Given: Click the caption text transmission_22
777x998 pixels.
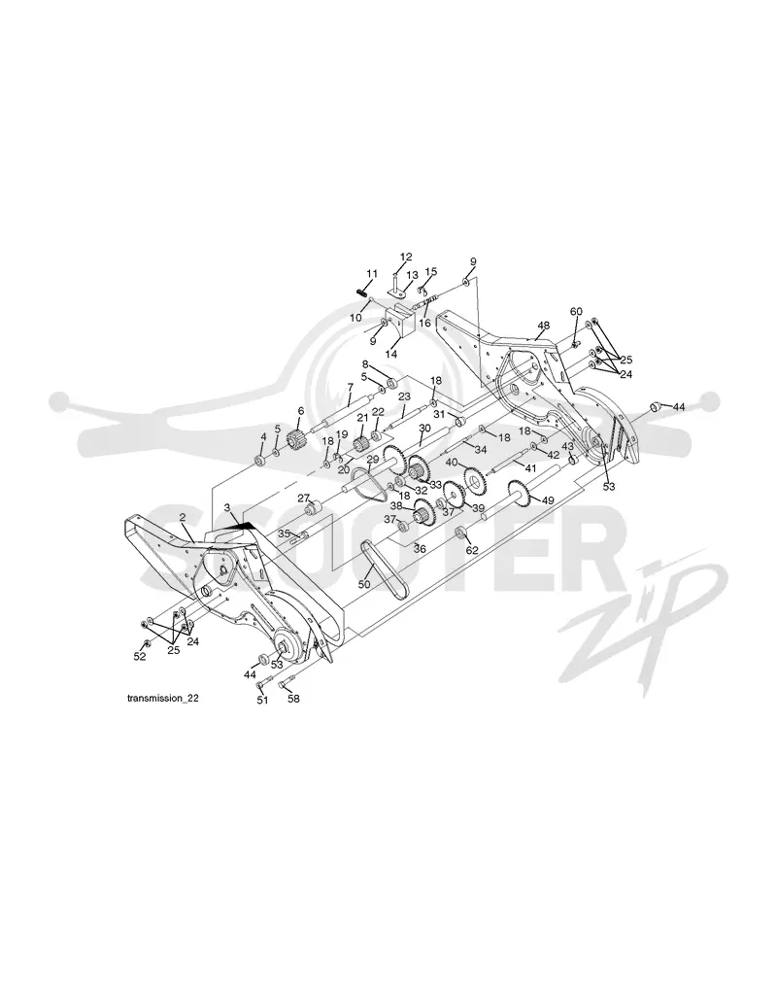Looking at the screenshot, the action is point(163,699).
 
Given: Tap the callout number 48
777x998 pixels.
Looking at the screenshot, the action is point(543,326).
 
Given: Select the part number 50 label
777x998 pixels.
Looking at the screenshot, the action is point(363,584).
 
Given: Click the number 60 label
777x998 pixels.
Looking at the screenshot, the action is point(576,311).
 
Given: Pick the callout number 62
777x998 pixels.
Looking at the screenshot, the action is point(472,551).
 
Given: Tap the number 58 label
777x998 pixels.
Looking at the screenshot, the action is point(293,699).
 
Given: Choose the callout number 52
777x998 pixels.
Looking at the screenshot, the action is point(139,657).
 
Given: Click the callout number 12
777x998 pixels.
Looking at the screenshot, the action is point(406,257).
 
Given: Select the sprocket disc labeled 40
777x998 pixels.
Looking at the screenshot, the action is point(474,478).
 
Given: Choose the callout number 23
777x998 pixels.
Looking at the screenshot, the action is point(405,396).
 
